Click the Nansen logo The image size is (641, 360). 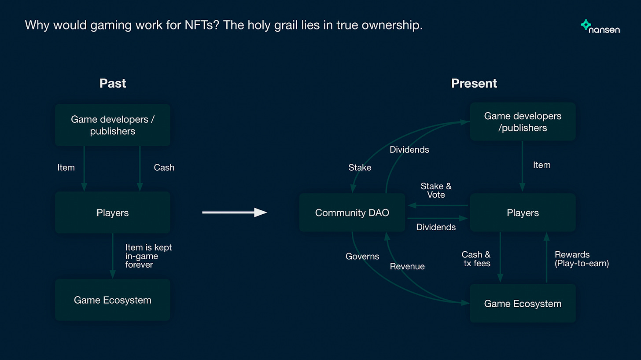tap(600, 26)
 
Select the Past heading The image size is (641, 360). tap(112, 83)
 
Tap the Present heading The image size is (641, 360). tap(474, 83)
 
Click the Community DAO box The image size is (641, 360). tap(352, 212)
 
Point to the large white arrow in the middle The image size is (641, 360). tap(235, 212)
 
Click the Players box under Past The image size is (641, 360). tap(112, 212)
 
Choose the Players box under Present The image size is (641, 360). tap(523, 212)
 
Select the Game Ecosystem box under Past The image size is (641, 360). tap(112, 300)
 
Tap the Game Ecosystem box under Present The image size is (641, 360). tap(523, 303)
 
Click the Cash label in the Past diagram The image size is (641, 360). tap(164, 167)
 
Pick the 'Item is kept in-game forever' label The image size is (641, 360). tap(148, 256)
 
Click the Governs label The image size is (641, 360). tap(362, 257)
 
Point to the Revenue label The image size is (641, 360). tap(407, 266)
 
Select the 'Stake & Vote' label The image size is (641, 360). tap(436, 191)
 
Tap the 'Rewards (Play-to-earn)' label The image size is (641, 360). tap(582, 259)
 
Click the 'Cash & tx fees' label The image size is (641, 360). tap(476, 259)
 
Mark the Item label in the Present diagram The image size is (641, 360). tap(542, 165)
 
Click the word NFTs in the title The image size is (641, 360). tap(202, 25)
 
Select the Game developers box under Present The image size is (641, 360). tap(523, 121)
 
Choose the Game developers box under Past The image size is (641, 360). tap(112, 125)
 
